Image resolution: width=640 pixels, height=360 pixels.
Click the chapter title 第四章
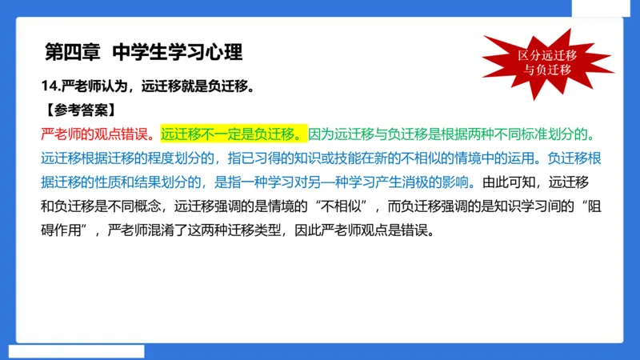(x=73, y=52)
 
